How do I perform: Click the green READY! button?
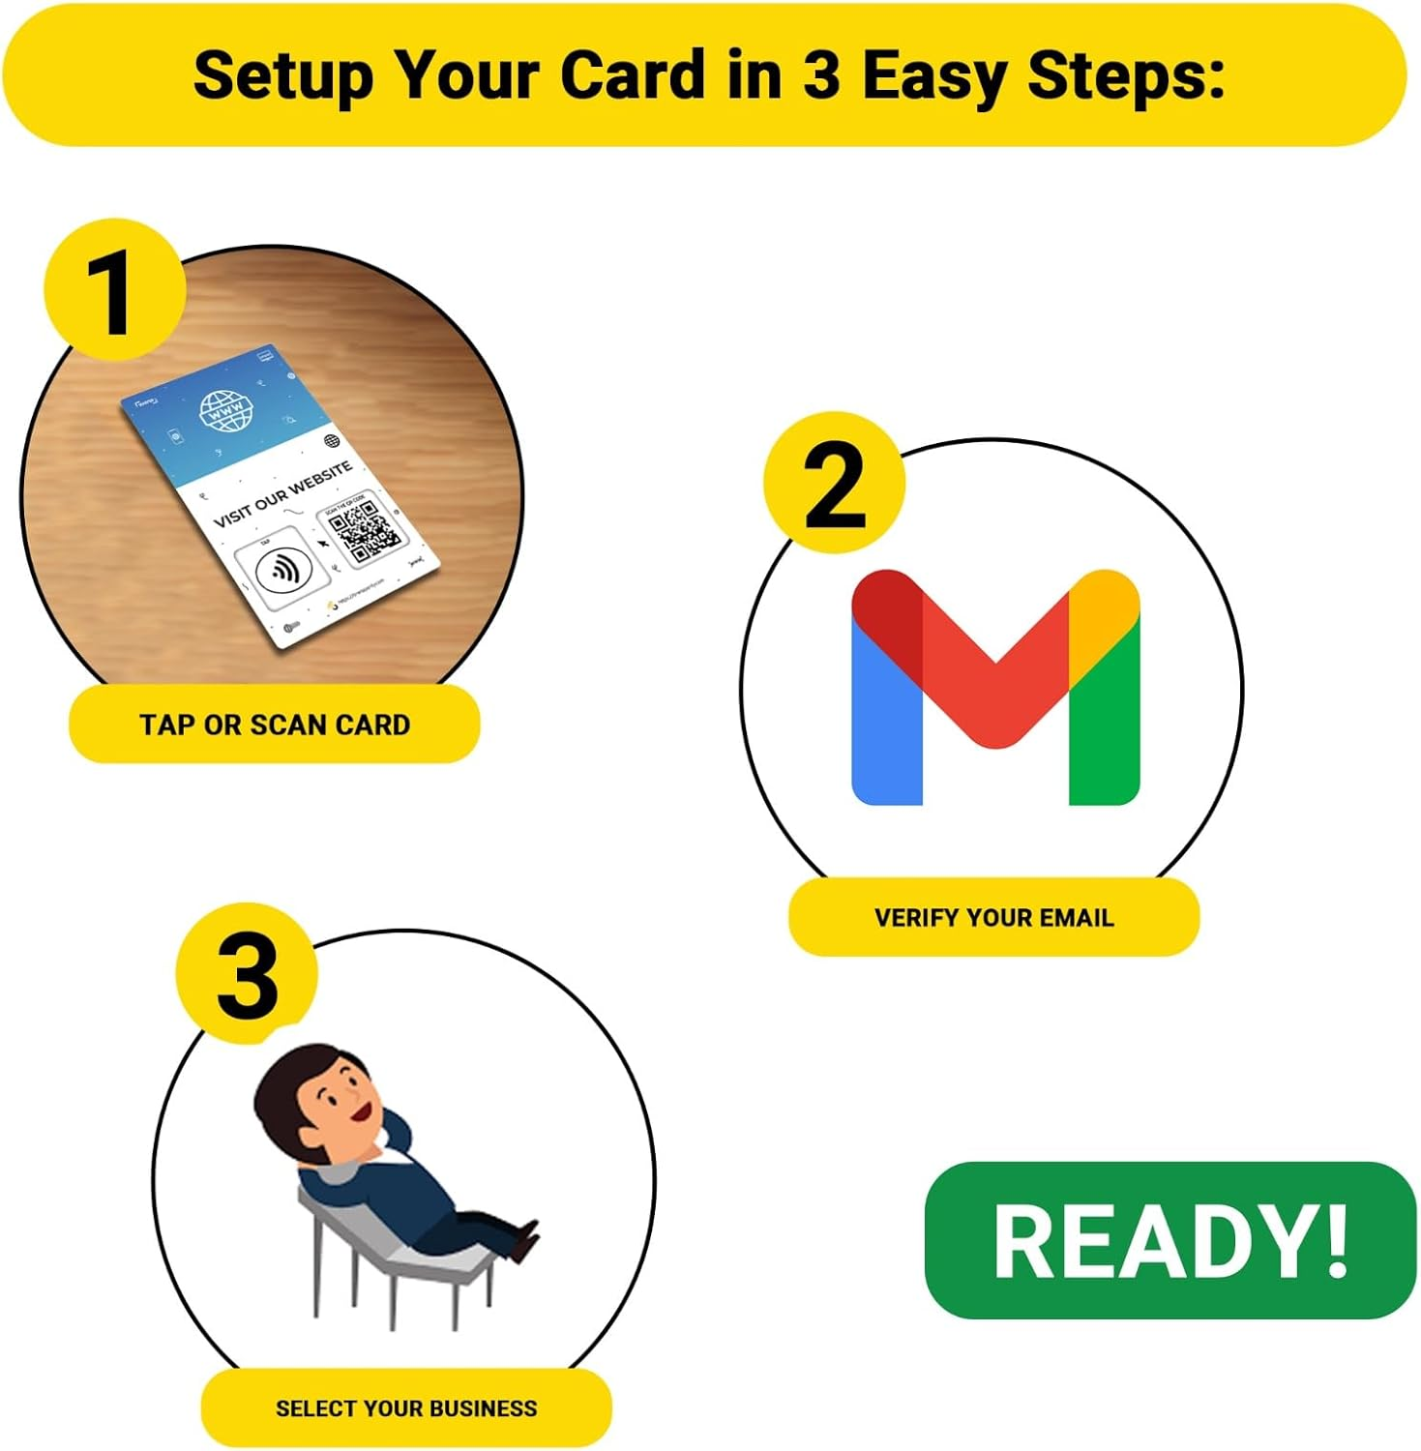1170,1240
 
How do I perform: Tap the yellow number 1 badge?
114,290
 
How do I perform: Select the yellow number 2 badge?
834,484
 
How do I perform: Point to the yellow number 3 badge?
247,974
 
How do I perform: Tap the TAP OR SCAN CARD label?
275,725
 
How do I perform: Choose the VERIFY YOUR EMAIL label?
993,917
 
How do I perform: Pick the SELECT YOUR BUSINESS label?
406,1407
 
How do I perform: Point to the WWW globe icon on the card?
226,412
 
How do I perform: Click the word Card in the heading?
633,75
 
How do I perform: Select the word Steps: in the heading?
1126,75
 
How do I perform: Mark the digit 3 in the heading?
821,75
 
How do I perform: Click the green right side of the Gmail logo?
1105,725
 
